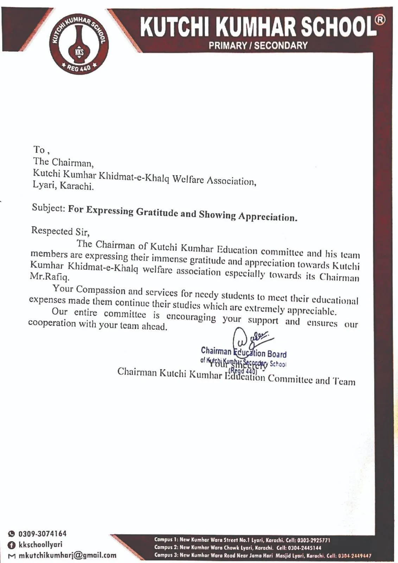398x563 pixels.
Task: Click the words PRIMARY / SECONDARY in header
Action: [x=258, y=45]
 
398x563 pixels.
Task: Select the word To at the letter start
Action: [x=39, y=150]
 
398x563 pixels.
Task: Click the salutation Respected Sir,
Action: [x=60, y=231]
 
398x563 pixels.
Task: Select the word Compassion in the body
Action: [x=100, y=290]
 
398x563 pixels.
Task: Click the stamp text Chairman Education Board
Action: [x=244, y=352]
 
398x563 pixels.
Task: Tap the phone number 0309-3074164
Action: [x=42, y=534]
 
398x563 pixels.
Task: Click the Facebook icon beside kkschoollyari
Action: [x=11, y=545]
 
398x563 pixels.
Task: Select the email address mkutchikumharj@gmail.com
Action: [x=67, y=556]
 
